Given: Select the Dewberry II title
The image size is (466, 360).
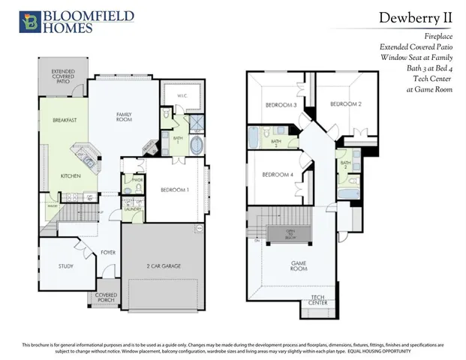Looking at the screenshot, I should click(415, 17).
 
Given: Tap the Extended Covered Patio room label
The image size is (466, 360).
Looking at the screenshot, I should click(62, 77).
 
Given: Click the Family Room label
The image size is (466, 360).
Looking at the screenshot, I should click(124, 117).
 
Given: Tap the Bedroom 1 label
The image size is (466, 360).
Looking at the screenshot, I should click(175, 190).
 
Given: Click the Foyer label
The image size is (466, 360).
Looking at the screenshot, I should click(109, 253).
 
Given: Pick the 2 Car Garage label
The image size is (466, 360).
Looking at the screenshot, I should click(164, 266).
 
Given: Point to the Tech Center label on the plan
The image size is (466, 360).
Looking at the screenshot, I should click(318, 301).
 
